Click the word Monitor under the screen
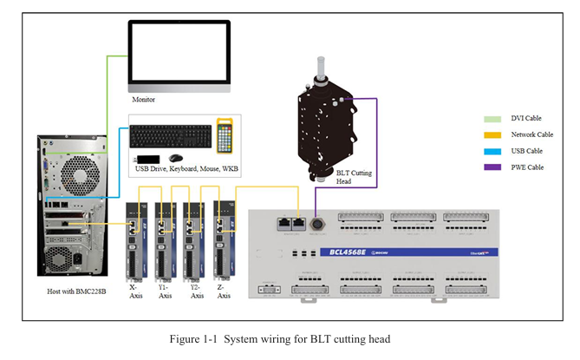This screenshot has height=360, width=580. point(143,100)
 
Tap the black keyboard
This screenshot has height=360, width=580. point(171,136)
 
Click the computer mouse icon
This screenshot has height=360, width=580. point(176,159)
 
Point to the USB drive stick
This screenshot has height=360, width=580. point(148,159)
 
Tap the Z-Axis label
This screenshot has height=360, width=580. point(223,291)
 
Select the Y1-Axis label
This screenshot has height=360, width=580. point(165,291)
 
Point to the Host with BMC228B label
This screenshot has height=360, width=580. point(76,292)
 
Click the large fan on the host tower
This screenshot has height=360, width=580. point(80,179)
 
